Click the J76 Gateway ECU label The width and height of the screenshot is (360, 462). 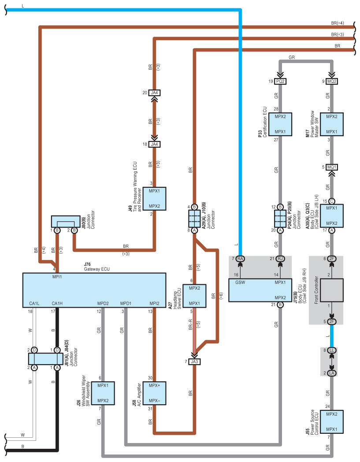[x=96, y=267]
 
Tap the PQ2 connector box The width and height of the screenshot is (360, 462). [x=280, y=81]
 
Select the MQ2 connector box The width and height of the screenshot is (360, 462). [x=332, y=81]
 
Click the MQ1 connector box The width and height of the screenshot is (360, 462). [x=332, y=167]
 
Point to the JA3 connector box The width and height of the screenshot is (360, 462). [x=194, y=361]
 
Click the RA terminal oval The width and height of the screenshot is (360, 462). [x=241, y=259]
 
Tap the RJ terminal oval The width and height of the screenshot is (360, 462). [x=280, y=259]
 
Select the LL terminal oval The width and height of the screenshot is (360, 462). [x=332, y=350]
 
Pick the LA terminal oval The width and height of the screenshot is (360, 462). [x=332, y=373]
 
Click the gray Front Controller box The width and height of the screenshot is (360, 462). [x=332, y=291]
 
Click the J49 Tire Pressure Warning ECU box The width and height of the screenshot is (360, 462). [x=154, y=198]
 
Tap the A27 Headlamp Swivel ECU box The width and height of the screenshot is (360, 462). [x=194, y=296]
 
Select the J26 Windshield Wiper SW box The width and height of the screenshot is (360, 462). [x=103, y=393]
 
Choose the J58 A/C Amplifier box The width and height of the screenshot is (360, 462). [x=154, y=393]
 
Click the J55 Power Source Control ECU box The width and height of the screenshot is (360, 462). [x=332, y=421]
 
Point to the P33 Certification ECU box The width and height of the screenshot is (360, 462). [x=280, y=124]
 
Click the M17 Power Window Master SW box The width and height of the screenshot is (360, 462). [x=332, y=124]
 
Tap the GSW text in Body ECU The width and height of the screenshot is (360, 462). [x=240, y=282]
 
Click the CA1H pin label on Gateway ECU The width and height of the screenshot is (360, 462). [x=57, y=303]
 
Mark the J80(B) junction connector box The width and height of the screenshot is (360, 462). [x=66, y=221]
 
